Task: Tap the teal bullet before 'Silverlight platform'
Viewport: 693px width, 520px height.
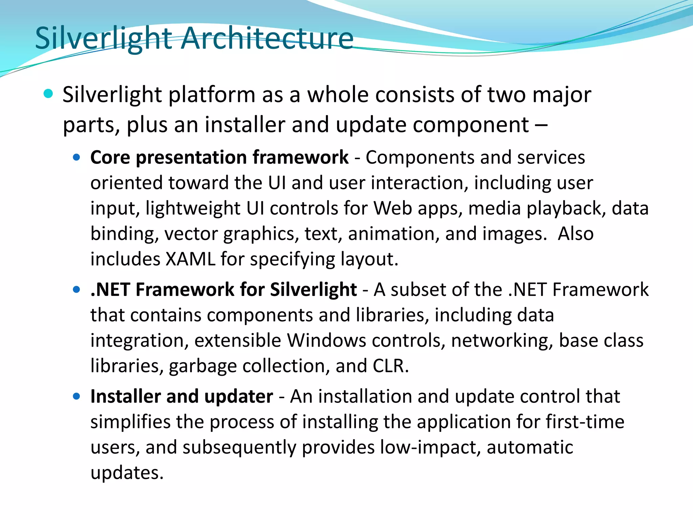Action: pyautogui.click(x=48, y=94)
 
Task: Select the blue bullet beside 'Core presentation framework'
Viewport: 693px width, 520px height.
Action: pyautogui.click(x=76, y=157)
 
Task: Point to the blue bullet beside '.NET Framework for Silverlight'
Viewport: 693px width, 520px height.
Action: pyautogui.click(x=76, y=289)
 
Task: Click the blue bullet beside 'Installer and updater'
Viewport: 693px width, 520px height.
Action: pyautogui.click(x=76, y=396)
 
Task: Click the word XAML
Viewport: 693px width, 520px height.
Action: pyautogui.click(x=191, y=259)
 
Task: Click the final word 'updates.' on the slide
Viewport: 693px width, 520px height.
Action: pyautogui.click(x=127, y=473)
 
